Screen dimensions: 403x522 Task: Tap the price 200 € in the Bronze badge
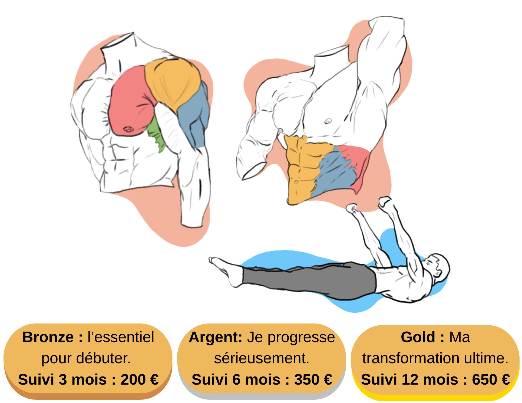(140, 379)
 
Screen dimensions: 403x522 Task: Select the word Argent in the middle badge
(215, 337)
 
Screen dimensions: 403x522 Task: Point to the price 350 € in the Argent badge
(313, 379)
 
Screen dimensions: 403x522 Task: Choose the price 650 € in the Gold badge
(491, 379)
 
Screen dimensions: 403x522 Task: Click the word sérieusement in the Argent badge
(262, 358)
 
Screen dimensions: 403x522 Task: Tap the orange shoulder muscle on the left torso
(173, 81)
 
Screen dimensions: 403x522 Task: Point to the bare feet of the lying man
(216, 262)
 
